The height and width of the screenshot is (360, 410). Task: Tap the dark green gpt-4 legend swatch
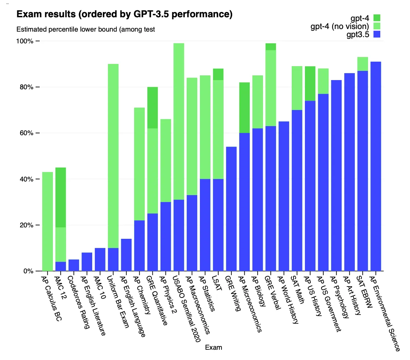tap(377, 18)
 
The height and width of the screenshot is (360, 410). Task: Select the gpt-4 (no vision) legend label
tap(340, 26)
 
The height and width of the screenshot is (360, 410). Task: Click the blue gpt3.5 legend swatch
tap(377, 35)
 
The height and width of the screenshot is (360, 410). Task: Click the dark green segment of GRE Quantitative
tap(152, 108)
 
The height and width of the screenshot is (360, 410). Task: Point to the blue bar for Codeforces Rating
tap(74, 265)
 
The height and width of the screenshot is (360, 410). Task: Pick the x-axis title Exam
tap(213, 347)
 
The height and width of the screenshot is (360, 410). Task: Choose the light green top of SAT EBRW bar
tap(363, 64)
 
